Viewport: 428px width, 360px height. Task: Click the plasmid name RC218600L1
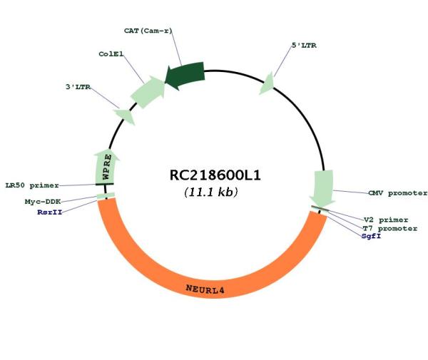[215, 175]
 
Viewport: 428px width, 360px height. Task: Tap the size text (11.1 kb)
[211, 192]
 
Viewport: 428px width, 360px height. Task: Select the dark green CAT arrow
[185, 75]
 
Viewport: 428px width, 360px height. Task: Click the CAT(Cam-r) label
[148, 31]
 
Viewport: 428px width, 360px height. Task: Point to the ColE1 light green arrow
[148, 92]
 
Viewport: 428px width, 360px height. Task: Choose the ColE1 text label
[111, 54]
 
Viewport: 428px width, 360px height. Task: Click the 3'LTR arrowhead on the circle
[125, 116]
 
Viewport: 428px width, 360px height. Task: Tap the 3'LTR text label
[78, 87]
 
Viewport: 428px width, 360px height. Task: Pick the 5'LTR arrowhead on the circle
[267, 83]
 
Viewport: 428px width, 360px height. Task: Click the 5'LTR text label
[304, 46]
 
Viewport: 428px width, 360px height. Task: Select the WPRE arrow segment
[106, 167]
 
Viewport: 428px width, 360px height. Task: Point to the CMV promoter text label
[398, 193]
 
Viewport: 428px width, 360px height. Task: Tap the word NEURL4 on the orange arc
[205, 289]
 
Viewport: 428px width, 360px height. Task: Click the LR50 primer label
[32, 185]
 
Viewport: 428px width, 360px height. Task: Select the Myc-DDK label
[43, 202]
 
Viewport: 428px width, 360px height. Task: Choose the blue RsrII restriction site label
[50, 212]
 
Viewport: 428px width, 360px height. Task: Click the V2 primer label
[386, 220]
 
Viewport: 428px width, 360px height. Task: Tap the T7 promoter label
[389, 228]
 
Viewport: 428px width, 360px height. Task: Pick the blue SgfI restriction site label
[371, 236]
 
